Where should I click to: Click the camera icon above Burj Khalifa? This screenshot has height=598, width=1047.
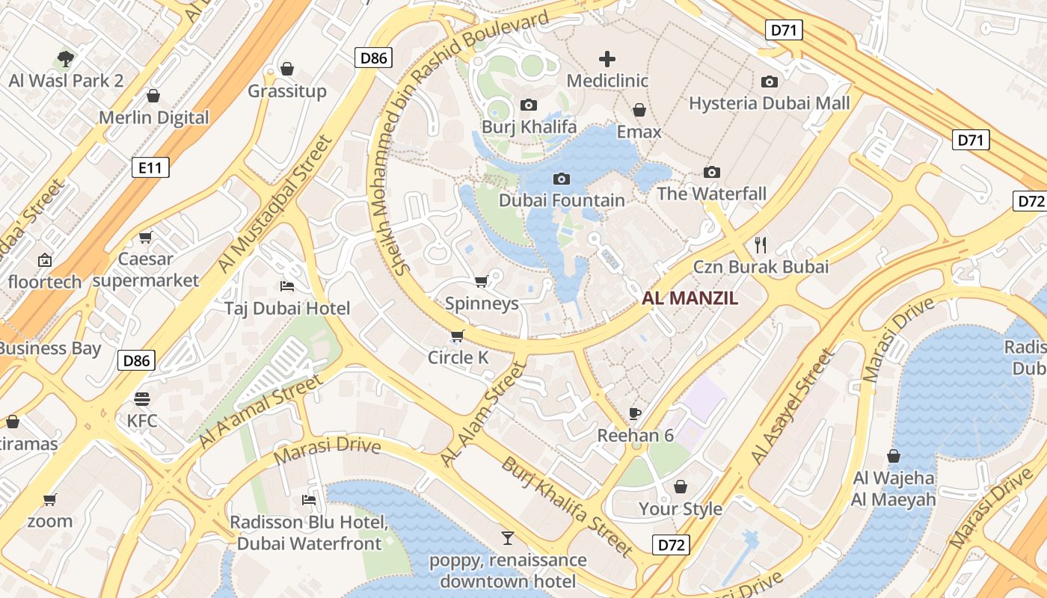point(529,105)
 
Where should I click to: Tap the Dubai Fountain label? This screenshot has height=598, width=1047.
point(562,200)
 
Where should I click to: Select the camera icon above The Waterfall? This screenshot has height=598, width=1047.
point(712,173)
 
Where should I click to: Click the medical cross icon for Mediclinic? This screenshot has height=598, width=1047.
point(607,59)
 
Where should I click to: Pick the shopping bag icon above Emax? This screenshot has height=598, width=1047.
point(639,111)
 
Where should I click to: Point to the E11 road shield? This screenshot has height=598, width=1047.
point(150,167)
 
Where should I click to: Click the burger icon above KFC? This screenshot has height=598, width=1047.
point(142,399)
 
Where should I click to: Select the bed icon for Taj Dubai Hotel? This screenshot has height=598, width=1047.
point(287,286)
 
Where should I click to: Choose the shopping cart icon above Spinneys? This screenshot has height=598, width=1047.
point(482,282)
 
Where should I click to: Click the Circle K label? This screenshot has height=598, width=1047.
point(458,358)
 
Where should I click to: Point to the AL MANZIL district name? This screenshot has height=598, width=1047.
point(690,299)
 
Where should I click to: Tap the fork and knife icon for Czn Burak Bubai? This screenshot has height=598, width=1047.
point(761,244)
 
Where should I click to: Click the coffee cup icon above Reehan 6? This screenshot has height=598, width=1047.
point(635,413)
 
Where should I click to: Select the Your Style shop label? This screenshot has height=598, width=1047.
point(680,509)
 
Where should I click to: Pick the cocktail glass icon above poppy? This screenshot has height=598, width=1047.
point(508,537)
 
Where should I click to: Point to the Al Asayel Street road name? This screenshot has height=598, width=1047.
point(793,407)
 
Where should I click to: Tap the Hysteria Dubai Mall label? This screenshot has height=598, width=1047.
point(770,103)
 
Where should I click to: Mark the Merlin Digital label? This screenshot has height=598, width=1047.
point(154,117)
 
